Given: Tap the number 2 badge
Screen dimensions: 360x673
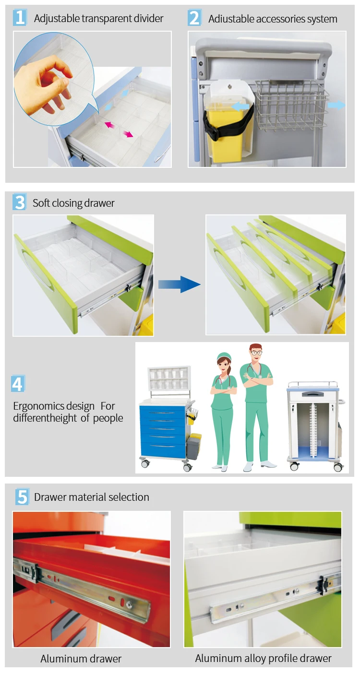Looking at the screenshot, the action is pos(194,18).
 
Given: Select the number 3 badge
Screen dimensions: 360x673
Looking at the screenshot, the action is pos(20,202).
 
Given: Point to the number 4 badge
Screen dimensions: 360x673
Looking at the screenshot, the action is pos(18,384).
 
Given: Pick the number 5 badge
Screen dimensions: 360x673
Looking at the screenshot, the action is pos(22,496).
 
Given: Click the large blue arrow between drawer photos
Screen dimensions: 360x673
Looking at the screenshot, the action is pos(179,284).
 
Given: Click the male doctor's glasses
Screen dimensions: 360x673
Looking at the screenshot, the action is pos(256,353).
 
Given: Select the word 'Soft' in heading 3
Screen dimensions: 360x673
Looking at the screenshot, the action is pos(41,203).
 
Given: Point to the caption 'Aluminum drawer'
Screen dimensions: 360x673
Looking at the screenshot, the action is pos(81,659).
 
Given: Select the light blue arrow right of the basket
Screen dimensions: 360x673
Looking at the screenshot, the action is pos(336,105).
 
